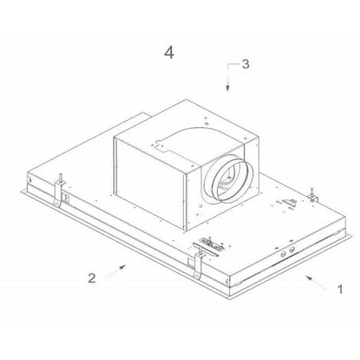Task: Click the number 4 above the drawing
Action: click(169, 54)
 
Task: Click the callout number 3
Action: click(245, 64)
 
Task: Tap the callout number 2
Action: click(92, 278)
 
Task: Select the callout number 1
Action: click(340, 290)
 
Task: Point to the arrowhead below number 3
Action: click(227, 88)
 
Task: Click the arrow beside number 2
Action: click(116, 271)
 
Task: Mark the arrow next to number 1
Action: click(316, 282)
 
